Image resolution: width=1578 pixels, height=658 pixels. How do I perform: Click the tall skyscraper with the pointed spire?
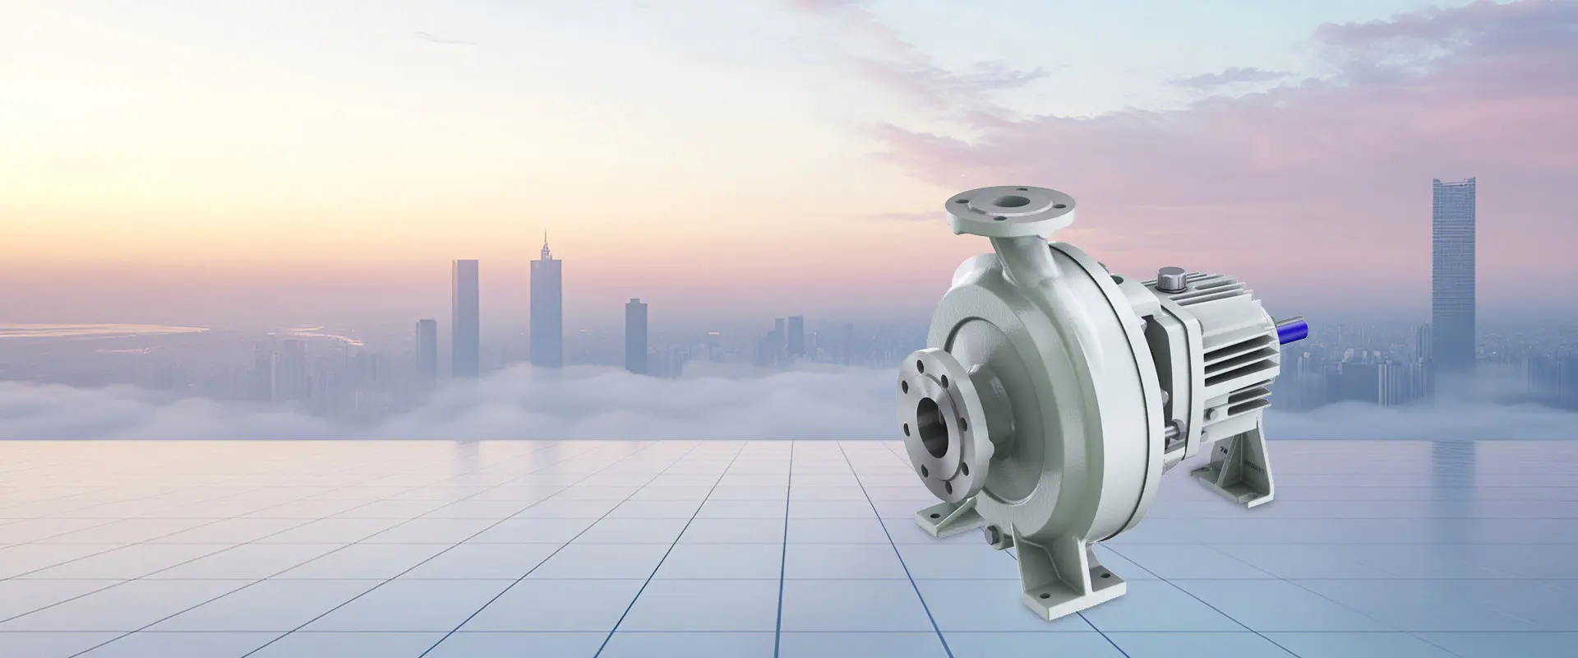(x=546, y=304)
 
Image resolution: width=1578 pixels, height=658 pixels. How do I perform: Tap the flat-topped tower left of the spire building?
(x=464, y=317)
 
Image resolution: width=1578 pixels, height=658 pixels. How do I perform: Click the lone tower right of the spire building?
(x=635, y=336)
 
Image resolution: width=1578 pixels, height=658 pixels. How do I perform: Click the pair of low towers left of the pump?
(x=785, y=337)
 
